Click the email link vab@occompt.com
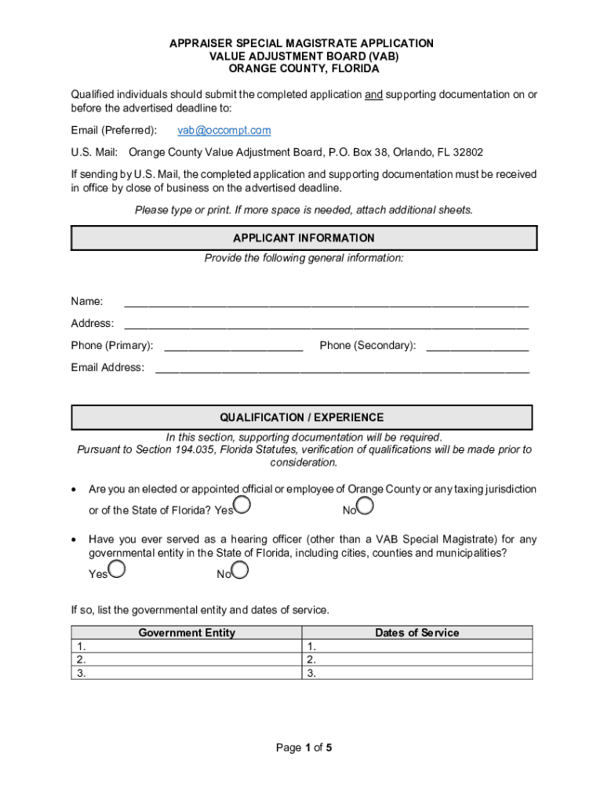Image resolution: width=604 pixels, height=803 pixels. coord(224,130)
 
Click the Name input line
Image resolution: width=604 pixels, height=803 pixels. coord(326,302)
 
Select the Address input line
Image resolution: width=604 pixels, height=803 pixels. coord(326,324)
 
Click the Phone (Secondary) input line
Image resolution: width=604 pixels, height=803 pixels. coord(477,346)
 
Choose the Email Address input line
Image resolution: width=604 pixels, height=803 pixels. coord(342,368)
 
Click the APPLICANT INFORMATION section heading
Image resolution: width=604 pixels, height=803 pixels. coord(304,238)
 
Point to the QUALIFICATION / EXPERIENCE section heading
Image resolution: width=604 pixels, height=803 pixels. coord(301,417)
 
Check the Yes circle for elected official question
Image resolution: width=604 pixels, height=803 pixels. coord(242,505)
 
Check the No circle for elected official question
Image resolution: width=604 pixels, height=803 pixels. coord(365,505)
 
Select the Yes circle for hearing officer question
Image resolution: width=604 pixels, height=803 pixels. coord(117,569)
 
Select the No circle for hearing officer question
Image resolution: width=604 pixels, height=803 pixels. coord(240,569)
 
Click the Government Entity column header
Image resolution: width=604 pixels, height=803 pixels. coord(187,633)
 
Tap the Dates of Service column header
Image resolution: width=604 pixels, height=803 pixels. coord(417,633)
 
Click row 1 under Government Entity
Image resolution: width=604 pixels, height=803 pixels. coord(187,647)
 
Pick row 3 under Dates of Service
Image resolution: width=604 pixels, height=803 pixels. coord(417,673)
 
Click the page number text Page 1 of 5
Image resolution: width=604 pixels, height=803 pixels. coord(304,747)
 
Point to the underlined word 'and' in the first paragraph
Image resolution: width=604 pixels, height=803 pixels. coord(374,94)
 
